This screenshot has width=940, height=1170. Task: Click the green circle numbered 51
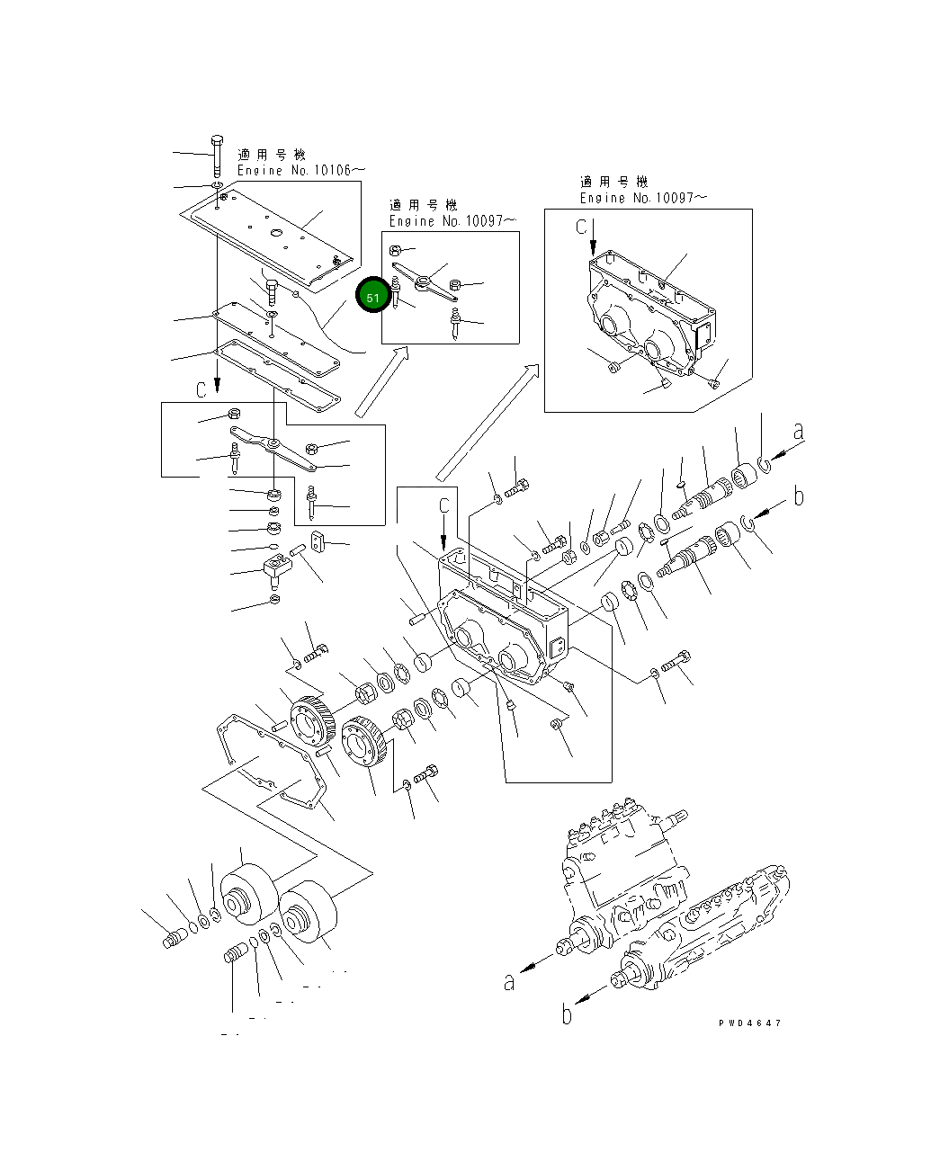pos(372,295)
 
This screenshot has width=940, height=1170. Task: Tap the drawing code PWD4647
pos(749,1023)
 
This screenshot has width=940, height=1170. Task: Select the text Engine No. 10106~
pos(300,170)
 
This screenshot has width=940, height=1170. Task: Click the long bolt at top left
pos(217,156)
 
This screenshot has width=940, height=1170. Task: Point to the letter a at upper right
pos(798,431)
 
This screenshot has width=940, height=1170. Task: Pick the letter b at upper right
pos(799,496)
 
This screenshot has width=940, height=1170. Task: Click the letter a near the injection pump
pos(508,982)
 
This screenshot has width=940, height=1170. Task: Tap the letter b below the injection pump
pos(567,1014)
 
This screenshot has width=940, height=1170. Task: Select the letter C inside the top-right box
pos(581,227)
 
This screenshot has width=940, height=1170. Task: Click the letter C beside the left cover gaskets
pos(201,389)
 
